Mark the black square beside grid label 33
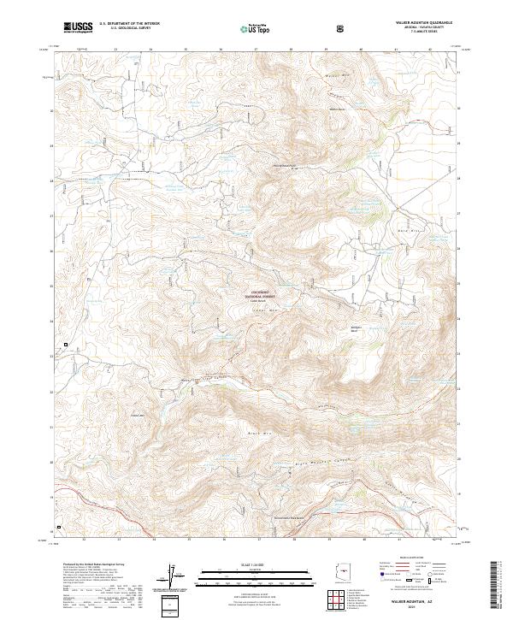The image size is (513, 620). tap(66, 345)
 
